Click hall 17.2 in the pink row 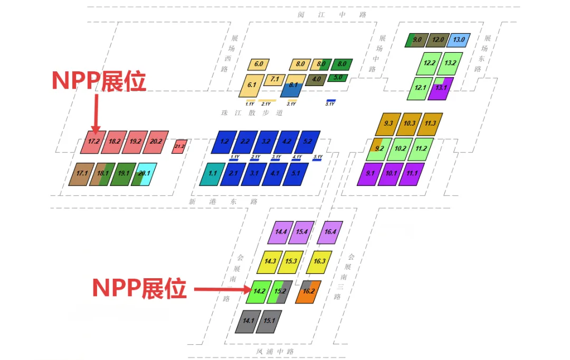[x=93, y=141]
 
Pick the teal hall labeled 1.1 [x=213, y=174]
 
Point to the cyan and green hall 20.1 [x=144, y=174]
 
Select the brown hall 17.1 [x=81, y=174]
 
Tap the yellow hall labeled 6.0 [x=259, y=64]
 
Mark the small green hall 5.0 [x=338, y=78]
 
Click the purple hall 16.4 [x=330, y=232]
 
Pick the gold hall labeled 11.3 [x=430, y=124]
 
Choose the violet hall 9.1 [x=370, y=174]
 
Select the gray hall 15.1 [x=269, y=321]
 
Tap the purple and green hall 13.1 [x=441, y=88]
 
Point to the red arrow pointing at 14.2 [x=221, y=289]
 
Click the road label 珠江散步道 [x=252, y=112]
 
